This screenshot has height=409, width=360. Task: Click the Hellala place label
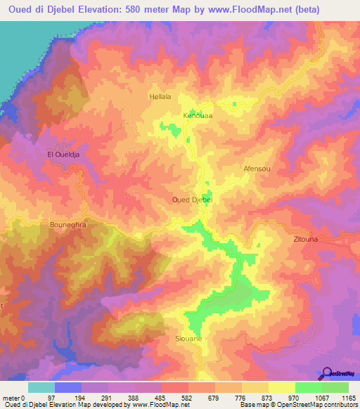tap(160, 97)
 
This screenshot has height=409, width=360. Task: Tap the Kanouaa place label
tap(198, 115)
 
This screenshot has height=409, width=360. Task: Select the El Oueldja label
tap(61, 155)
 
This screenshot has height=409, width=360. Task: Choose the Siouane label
tap(188, 339)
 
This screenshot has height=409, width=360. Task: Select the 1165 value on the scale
tap(347, 398)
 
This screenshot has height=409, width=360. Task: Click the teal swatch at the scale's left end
tap(41, 387)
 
